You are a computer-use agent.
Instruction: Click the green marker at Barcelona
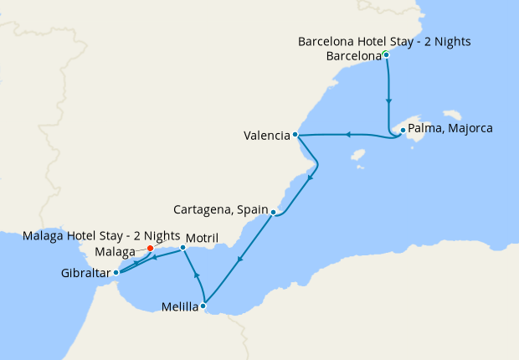click(386, 55)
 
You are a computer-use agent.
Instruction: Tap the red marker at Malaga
click(150, 248)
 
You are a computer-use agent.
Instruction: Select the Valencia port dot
click(295, 135)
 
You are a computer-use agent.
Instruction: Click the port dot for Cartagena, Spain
click(274, 213)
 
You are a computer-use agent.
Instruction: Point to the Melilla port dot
click(203, 306)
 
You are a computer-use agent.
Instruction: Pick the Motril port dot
click(183, 247)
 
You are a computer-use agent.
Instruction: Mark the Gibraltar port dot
click(116, 272)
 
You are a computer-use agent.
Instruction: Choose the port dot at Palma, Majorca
click(403, 130)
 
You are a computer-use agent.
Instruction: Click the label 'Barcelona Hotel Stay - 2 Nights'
click(384, 41)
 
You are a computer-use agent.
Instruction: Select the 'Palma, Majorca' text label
click(451, 129)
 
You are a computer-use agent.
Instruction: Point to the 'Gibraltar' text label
click(85, 273)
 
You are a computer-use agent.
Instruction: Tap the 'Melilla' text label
click(179, 307)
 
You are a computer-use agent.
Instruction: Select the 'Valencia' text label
click(266, 135)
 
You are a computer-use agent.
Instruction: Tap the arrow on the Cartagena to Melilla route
click(239, 260)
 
